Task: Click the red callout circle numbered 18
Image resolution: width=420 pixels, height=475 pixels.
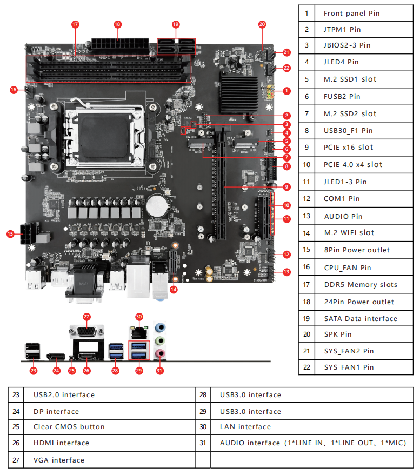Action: tap(117, 24)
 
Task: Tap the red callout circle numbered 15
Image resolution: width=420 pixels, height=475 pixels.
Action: tap(10, 234)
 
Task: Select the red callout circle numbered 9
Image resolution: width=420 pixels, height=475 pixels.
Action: tap(286, 187)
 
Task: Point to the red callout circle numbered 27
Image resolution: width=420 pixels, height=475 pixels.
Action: tap(86, 317)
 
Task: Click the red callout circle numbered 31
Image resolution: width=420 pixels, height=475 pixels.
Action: tap(159, 371)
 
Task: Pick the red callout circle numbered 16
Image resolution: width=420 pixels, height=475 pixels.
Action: tap(14, 90)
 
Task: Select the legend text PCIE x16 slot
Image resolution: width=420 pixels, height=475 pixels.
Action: tap(348, 147)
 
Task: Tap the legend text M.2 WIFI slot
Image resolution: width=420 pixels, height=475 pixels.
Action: tap(349, 233)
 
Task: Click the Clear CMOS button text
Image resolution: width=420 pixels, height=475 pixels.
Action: tap(69, 426)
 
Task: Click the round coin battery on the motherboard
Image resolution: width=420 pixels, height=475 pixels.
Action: tap(157, 205)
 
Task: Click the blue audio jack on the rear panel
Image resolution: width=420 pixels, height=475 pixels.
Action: tap(160, 327)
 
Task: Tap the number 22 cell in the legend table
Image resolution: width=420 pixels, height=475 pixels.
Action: tap(306, 367)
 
